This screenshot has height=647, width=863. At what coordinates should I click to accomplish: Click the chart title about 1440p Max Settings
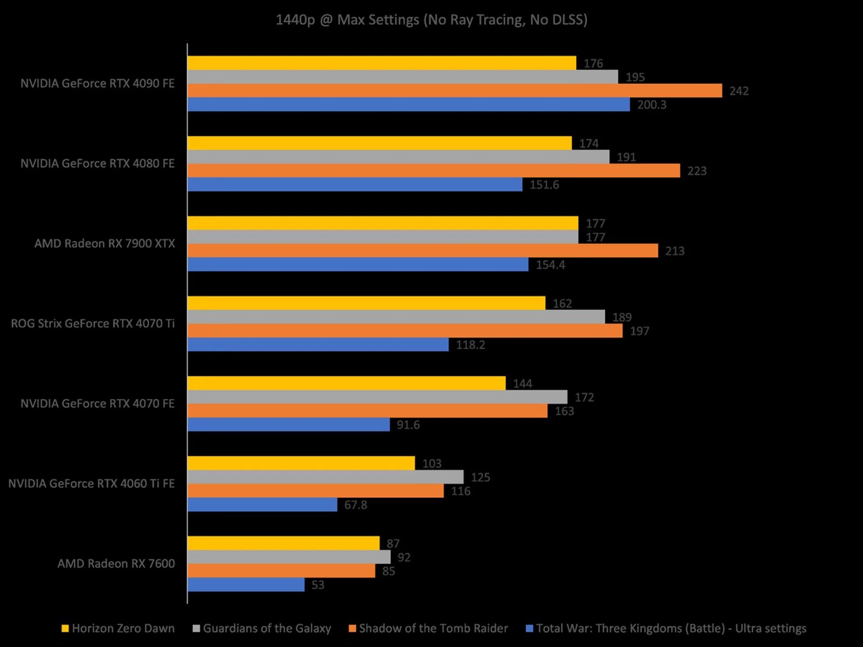point(431,20)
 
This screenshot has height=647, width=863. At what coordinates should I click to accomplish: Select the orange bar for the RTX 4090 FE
point(454,91)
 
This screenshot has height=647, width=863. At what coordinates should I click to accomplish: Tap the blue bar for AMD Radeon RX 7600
point(246,585)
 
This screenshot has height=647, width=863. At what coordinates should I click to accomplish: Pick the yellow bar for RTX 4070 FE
point(347,383)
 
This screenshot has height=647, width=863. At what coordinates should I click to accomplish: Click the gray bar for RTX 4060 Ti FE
point(325,477)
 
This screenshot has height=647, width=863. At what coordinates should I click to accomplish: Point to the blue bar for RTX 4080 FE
point(355,185)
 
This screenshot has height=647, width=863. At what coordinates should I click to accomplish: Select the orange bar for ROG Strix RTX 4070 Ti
point(405,331)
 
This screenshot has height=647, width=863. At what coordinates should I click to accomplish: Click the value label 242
point(739,91)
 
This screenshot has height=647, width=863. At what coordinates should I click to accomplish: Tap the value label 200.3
point(652,105)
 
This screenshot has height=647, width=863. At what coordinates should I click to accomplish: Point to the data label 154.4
point(551,265)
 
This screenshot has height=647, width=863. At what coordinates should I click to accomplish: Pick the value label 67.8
point(356,505)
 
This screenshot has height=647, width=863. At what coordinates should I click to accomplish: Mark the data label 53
point(318,585)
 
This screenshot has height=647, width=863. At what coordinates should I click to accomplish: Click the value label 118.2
point(471,345)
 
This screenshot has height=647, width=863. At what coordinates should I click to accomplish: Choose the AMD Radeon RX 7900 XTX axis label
point(105,244)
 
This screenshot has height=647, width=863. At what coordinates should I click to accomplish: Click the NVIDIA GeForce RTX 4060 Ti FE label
point(91,483)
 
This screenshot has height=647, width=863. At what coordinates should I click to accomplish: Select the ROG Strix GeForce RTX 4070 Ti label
point(93,323)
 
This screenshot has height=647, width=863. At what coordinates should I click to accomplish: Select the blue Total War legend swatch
point(529,629)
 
